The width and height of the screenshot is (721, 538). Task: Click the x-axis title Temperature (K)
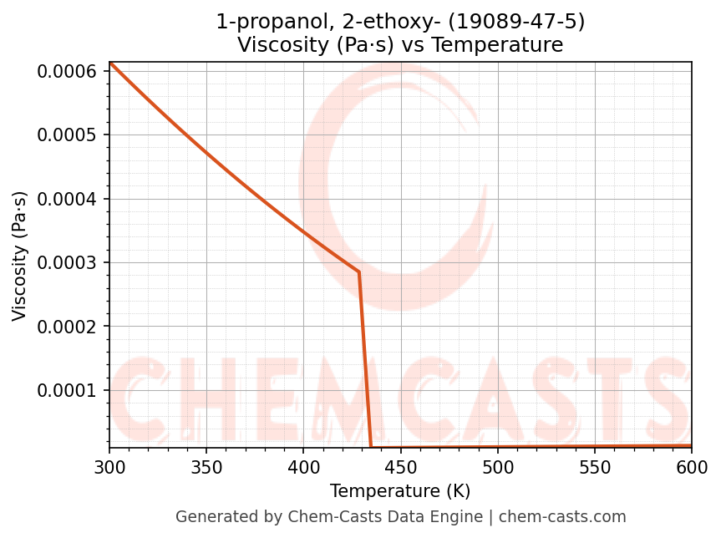[400, 490]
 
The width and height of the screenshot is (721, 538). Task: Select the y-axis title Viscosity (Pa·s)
[20, 256]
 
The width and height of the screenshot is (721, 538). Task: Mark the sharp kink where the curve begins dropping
[359, 272]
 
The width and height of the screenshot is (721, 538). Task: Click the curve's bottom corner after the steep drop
[371, 447]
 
